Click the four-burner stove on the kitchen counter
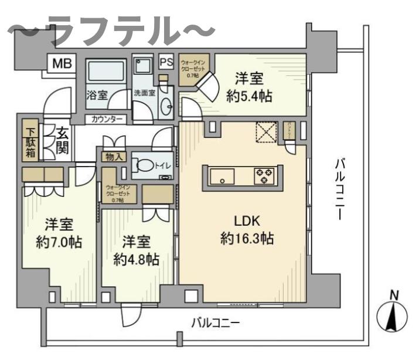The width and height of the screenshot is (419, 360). (x=263, y=175)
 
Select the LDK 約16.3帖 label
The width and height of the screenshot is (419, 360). (x=246, y=229)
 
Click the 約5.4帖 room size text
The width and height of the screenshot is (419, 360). (x=249, y=96)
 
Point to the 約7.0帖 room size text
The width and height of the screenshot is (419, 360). (x=58, y=242)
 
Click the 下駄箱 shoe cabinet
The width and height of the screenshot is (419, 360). (x=30, y=141)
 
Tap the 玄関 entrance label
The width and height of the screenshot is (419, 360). (x=62, y=141)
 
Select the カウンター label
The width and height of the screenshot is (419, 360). (x=107, y=120)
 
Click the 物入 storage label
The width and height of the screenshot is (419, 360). (x=114, y=157)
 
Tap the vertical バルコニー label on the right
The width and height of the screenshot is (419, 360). (x=339, y=188)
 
